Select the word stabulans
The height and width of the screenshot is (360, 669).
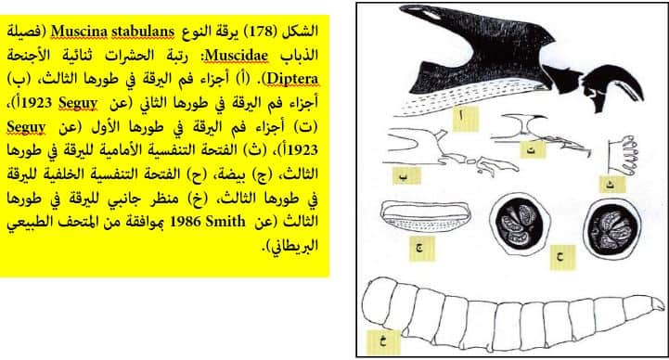pyautogui.click(x=143, y=32)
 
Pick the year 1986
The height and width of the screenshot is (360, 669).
pyautogui.click(x=186, y=222)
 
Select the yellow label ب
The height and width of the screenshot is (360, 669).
pyautogui.click(x=406, y=175)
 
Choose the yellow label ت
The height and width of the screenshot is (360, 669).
pyautogui.click(x=533, y=149)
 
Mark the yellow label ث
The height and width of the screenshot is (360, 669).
pyautogui.click(x=612, y=185)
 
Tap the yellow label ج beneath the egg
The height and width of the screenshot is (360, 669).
pyautogui.click(x=422, y=248)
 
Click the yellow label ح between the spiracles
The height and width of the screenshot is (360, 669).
pyautogui.click(x=563, y=258)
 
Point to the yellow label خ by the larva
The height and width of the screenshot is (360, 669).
pyautogui.click(x=383, y=342)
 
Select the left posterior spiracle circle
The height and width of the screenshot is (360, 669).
pyautogui.click(x=520, y=224)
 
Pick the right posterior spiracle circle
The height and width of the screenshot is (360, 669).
pyautogui.click(x=612, y=228)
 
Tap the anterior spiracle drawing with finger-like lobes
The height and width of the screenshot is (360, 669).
pyautogui.click(x=623, y=156)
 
